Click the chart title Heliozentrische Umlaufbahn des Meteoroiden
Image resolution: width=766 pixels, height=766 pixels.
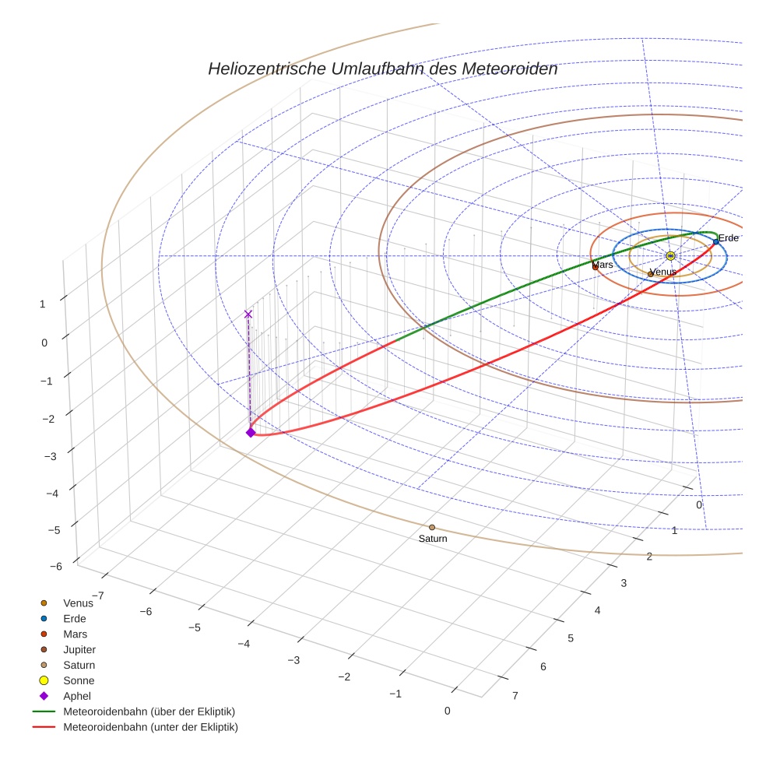click(382, 69)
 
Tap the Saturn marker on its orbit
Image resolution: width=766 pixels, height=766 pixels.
click(432, 528)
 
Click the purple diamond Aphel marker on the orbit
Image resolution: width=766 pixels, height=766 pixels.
click(251, 432)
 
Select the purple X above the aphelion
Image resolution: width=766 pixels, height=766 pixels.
click(248, 314)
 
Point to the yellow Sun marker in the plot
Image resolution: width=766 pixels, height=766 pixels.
click(670, 255)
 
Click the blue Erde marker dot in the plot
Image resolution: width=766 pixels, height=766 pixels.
click(715, 242)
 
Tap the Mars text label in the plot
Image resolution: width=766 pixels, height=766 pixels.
click(603, 265)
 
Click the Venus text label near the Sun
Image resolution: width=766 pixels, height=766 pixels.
click(662, 272)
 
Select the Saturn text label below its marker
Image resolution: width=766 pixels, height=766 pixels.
click(433, 539)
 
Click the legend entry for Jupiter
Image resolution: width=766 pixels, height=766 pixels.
click(79, 649)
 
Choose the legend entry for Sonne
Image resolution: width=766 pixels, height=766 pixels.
click(79, 680)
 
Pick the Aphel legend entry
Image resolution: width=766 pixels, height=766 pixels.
click(77, 696)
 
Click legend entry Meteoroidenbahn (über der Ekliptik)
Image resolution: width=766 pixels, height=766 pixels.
click(149, 712)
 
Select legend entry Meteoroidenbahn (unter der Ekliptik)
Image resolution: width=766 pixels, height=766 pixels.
click(150, 727)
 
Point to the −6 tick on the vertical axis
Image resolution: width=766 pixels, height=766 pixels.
click(55, 567)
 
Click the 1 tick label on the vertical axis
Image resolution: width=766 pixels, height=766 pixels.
click(43, 304)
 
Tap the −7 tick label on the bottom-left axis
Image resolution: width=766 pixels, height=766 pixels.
click(98, 596)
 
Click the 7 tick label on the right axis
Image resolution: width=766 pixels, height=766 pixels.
click(515, 696)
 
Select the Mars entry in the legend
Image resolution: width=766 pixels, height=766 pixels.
click(76, 634)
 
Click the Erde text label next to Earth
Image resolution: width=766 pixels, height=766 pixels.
click(729, 238)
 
